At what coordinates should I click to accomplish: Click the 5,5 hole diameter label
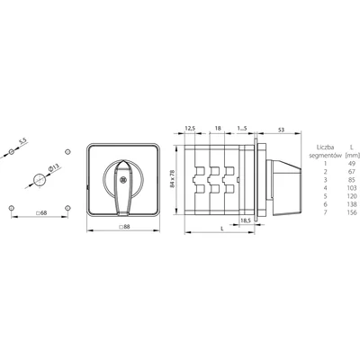pos(22,140)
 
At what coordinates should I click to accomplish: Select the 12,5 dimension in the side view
pos(191,129)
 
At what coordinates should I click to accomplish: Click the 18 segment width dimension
pos(217,129)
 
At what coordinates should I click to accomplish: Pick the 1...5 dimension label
pos(242,129)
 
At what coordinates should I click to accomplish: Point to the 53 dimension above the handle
pos(281,129)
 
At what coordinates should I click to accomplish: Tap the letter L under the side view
pos(222,229)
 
